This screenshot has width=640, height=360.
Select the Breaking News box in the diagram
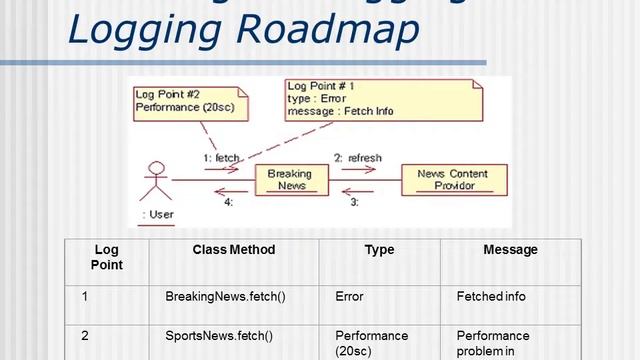[x=288, y=180]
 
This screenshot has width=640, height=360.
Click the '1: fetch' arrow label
[x=220, y=159]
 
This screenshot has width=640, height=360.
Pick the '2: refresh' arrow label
[x=358, y=158]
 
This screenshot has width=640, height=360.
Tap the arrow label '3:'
[x=353, y=203]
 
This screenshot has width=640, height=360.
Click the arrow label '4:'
[x=228, y=203]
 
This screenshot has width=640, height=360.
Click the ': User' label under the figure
[x=157, y=215]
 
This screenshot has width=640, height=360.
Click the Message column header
[x=510, y=250]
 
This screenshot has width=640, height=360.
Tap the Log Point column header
[x=106, y=257]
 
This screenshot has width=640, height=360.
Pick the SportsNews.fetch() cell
[x=218, y=336]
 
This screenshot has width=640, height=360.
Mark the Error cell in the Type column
[x=349, y=297]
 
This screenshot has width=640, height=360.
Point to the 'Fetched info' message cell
[x=490, y=297]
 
